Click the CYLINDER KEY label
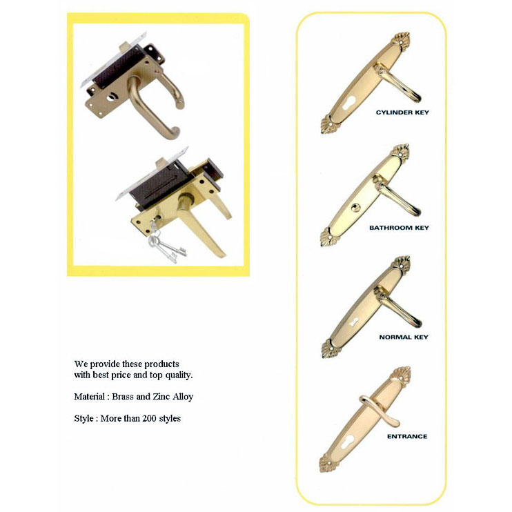[x=402, y=112]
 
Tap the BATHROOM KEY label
[x=399, y=227]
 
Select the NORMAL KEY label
[x=404, y=337]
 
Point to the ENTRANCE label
[x=406, y=436]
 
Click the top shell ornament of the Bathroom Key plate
[x=400, y=151]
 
